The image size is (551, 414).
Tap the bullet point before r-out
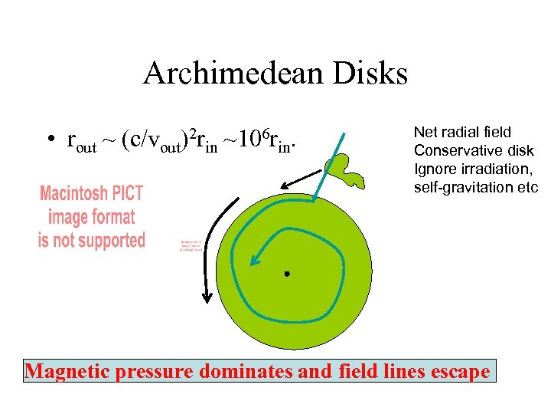(48, 141)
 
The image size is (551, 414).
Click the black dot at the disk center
(287, 274)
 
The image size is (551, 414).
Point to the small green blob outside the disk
(344, 169)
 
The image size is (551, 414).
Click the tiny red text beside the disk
(189, 244)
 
